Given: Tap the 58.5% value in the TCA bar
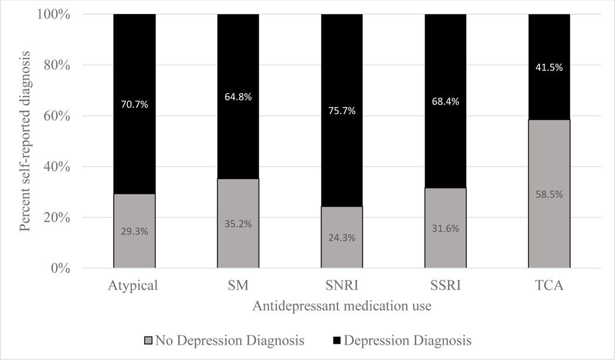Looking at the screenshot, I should point(549,194).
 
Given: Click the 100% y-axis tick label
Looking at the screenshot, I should point(54,14).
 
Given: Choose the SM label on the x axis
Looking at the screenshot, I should point(238,286).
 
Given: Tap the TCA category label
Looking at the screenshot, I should point(549,286).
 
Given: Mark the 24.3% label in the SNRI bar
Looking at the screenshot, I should point(341,238).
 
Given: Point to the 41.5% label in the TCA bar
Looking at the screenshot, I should point(549,67).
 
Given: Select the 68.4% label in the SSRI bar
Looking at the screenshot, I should point(445,101).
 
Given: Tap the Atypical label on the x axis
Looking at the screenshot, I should point(134,286).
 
